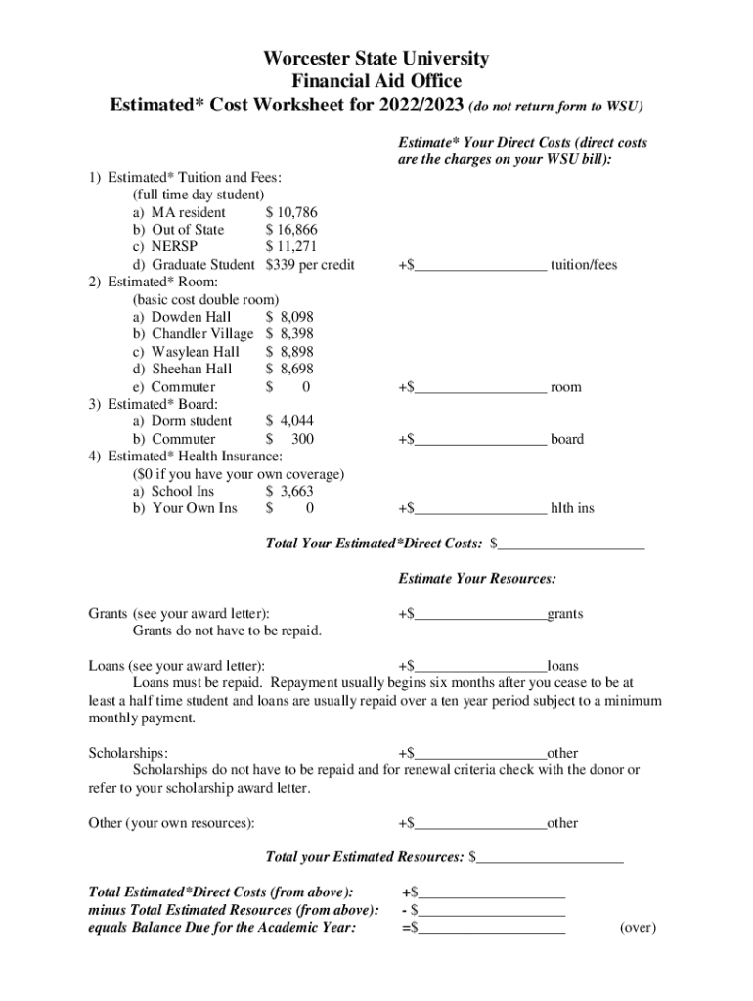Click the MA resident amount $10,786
(x=291, y=212)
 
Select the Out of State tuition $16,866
(x=291, y=230)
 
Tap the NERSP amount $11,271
(x=291, y=247)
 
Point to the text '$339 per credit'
(x=310, y=265)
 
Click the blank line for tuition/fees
(x=480, y=265)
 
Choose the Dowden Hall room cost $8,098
(x=289, y=317)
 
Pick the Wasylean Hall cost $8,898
(x=289, y=352)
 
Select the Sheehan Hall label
(x=192, y=370)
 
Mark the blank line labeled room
(x=480, y=387)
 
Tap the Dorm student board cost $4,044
(x=289, y=421)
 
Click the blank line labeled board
(x=480, y=439)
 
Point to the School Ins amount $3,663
(x=289, y=491)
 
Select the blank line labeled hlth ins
(x=480, y=508)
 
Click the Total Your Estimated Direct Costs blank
(x=571, y=543)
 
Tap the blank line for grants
(x=480, y=614)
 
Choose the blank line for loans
(x=480, y=666)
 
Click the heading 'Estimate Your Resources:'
(x=477, y=579)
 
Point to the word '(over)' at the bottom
(x=638, y=928)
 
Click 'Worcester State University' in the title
(x=376, y=59)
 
